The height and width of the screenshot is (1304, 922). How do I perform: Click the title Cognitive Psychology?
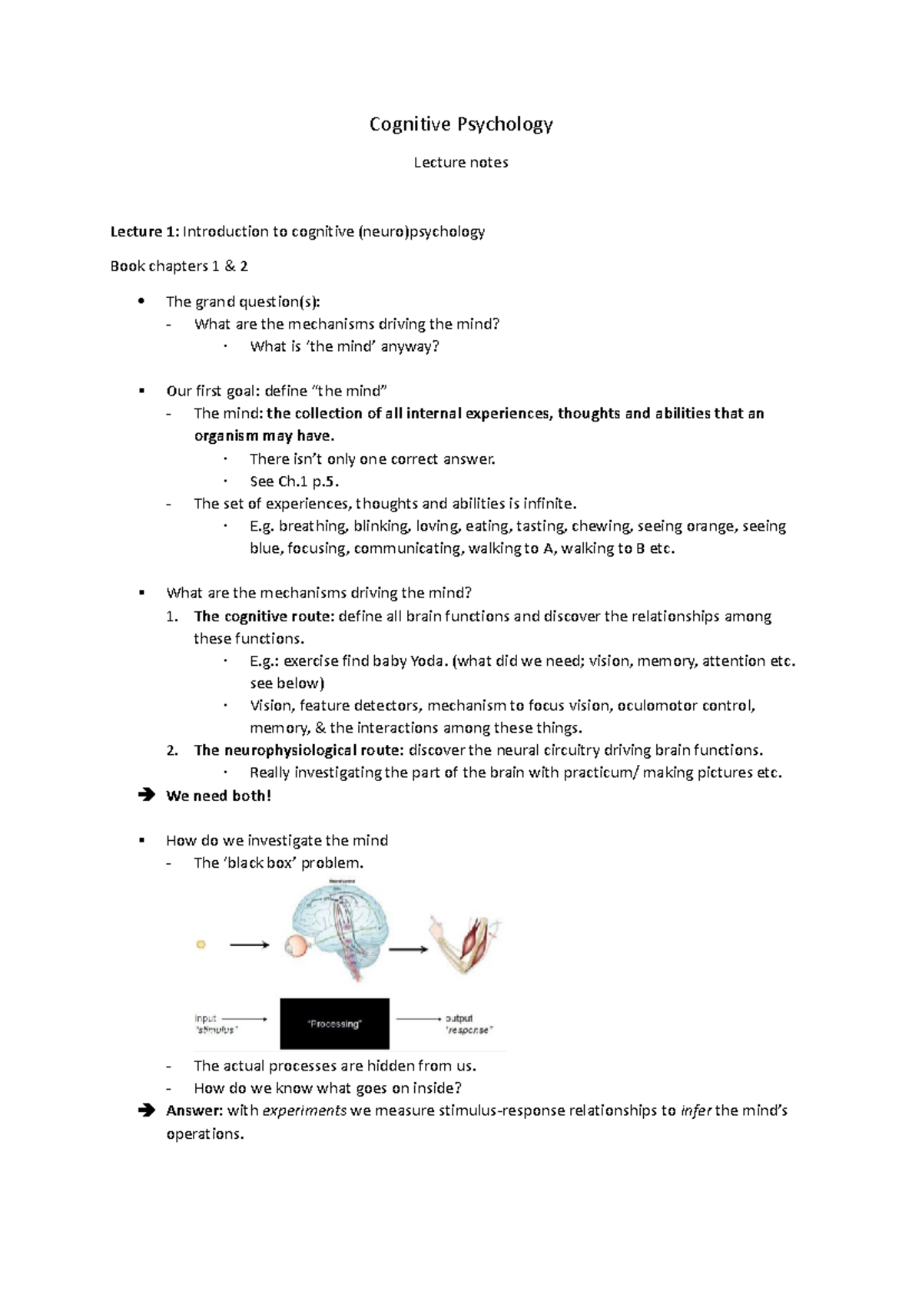click(461, 124)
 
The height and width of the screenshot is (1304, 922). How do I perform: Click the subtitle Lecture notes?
click(461, 162)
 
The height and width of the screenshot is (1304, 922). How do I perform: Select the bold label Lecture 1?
click(144, 231)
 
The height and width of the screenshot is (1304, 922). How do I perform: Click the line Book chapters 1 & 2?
click(179, 266)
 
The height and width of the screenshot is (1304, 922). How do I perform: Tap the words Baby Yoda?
click(409, 661)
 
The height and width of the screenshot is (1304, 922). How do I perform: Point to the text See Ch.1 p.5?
click(294, 482)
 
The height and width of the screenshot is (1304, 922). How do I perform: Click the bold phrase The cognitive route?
click(264, 616)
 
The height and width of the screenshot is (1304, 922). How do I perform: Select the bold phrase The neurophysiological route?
click(299, 750)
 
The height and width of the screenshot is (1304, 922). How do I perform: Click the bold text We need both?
click(218, 796)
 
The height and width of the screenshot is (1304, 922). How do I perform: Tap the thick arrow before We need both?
click(146, 796)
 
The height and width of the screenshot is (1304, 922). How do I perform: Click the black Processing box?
click(334, 1024)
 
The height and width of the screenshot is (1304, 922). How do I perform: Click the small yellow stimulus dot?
click(201, 945)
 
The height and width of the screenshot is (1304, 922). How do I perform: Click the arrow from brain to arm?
click(408, 950)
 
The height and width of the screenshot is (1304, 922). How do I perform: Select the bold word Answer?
click(194, 1110)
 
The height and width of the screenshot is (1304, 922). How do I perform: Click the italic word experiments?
click(304, 1110)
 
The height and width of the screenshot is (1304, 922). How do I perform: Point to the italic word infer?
click(696, 1110)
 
